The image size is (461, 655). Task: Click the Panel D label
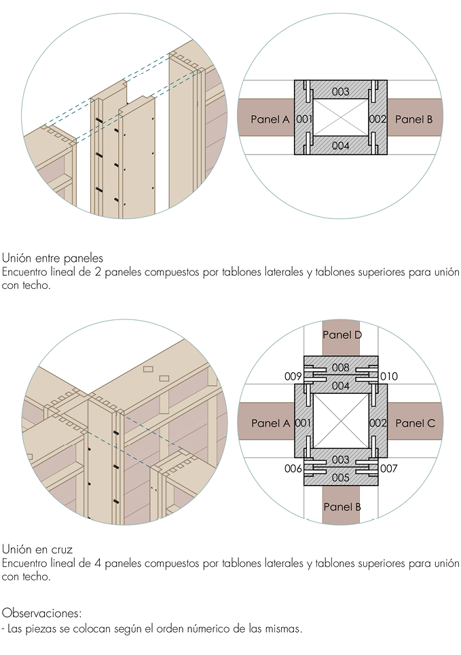tap(342, 335)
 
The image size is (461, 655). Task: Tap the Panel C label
tap(413, 423)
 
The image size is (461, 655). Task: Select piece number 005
tap(341, 478)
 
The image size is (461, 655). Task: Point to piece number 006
tap(293, 469)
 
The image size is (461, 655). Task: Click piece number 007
tap(389, 469)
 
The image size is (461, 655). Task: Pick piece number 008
tap(341, 368)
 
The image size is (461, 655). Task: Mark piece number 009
tap(293, 376)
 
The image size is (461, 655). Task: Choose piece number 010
tap(389, 376)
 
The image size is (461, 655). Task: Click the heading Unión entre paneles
tap(52, 258)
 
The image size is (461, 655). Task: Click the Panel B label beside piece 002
tap(413, 119)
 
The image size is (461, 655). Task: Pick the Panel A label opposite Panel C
tap(270, 423)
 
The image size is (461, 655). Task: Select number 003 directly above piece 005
tap(341, 460)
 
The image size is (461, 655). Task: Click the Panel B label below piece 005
tap(342, 507)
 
